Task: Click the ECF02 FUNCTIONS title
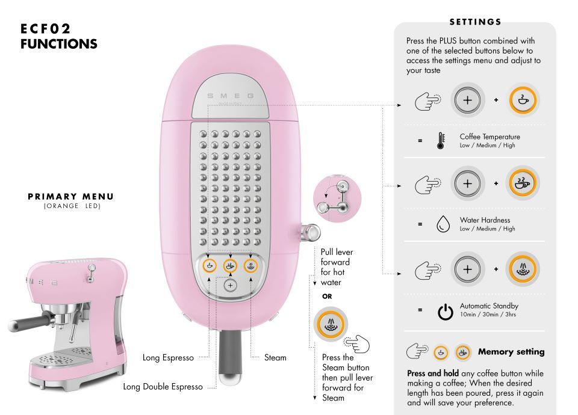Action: pyautogui.click(x=58, y=36)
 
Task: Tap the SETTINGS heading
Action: pyautogui.click(x=475, y=22)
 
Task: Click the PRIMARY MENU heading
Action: pyautogui.click(x=71, y=196)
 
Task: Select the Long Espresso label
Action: pyautogui.click(x=168, y=357)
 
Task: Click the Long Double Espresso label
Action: pyautogui.click(x=163, y=387)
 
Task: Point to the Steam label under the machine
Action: pyautogui.click(x=275, y=357)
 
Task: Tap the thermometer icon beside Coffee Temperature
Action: pyautogui.click(x=441, y=141)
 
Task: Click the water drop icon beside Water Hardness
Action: pyautogui.click(x=443, y=224)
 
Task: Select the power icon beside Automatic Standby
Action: pyautogui.click(x=446, y=312)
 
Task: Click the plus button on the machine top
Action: pyautogui.click(x=231, y=285)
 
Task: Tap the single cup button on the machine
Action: pyautogui.click(x=210, y=265)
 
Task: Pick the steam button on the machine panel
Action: pyautogui.click(x=250, y=265)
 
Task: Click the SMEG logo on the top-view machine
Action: pyautogui.click(x=231, y=96)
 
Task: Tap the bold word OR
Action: pyautogui.click(x=327, y=297)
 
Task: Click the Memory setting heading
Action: pyautogui.click(x=511, y=352)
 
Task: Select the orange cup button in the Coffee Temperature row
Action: pyautogui.click(x=523, y=100)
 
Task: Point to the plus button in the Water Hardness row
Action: pyautogui.click(x=467, y=183)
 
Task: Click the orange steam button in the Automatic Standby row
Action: pyautogui.click(x=523, y=269)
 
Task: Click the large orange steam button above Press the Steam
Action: pyautogui.click(x=331, y=324)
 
